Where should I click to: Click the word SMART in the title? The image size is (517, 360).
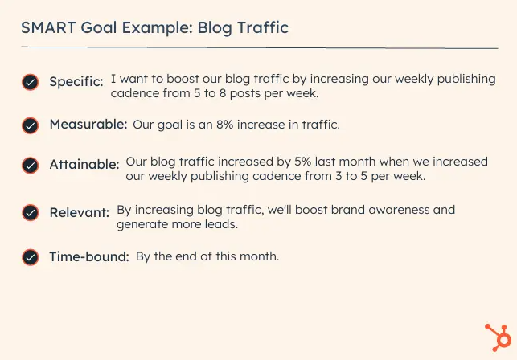tap(48, 27)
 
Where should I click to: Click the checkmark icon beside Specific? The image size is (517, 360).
tap(31, 82)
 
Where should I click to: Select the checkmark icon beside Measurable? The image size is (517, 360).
tap(31, 125)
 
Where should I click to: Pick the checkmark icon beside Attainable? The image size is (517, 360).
tap(31, 166)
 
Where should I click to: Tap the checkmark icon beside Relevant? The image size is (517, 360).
tap(31, 213)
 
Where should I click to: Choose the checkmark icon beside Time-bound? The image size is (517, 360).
tap(31, 257)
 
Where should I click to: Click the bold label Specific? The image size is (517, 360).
tap(76, 82)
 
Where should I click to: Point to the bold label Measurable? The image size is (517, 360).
tap(88, 125)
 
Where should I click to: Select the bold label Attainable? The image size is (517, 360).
tap(84, 164)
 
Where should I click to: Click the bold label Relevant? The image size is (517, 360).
tap(80, 212)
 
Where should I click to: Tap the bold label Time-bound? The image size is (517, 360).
tap(89, 256)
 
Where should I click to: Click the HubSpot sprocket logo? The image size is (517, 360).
tap(499, 337)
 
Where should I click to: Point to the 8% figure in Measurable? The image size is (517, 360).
tap(225, 125)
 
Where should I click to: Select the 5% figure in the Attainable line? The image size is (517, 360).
tap(302, 162)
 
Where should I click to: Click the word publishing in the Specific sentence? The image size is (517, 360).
tap(466, 80)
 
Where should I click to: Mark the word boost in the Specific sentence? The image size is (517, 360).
tap(183, 79)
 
